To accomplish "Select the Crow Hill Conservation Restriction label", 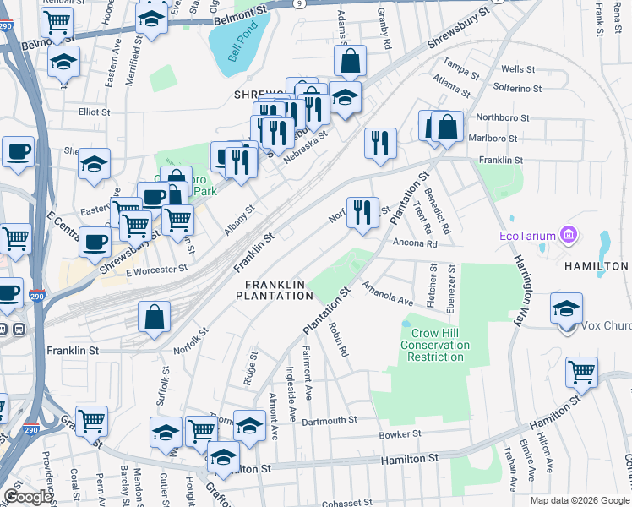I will click(434, 345).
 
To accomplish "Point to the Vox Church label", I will click(607, 326).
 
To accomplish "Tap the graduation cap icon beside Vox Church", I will click(566, 308).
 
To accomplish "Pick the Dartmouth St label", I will click(329, 420).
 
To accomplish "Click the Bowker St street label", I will click(400, 434).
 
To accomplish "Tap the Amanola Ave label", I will click(388, 295).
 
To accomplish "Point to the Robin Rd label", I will click(340, 340).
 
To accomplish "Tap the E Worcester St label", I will click(156, 270).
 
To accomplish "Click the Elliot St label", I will click(89, 111).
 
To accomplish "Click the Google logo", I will click(28, 498).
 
